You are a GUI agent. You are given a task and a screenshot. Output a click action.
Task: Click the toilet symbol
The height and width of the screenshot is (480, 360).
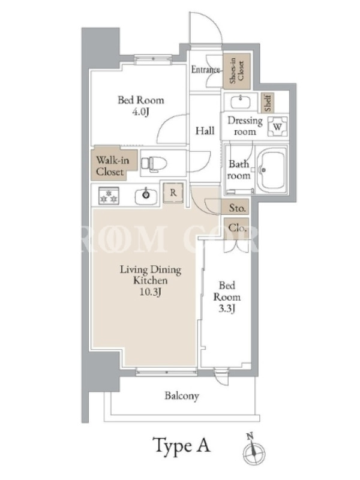(154, 164)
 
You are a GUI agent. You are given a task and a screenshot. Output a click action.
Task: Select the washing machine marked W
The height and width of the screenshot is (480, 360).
(277, 127)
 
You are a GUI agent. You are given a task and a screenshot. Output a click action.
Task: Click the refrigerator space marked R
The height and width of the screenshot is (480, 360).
(173, 193)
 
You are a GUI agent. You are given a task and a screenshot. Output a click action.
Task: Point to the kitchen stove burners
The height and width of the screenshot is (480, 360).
(109, 196)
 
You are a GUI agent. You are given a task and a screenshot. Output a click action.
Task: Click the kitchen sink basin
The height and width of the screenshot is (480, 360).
(146, 196)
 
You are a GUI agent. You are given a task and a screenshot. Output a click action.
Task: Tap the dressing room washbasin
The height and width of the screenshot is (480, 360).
(241, 102)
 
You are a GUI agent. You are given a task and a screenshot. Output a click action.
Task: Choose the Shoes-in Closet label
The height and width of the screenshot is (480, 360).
(236, 71)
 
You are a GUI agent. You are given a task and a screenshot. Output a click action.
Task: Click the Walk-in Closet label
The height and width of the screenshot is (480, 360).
(112, 166)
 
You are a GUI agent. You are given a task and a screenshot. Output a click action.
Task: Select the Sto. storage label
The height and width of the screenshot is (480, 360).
(237, 208)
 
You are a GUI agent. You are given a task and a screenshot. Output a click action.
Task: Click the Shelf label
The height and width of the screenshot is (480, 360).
(267, 103)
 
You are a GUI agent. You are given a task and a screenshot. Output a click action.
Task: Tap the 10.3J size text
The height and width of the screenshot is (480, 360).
(151, 292)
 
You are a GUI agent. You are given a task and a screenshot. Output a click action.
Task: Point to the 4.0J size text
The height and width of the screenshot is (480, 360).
(140, 112)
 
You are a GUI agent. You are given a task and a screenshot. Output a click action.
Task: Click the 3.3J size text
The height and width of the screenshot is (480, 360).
(227, 308)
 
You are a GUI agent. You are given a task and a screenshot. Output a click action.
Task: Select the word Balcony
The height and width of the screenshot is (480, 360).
(182, 396)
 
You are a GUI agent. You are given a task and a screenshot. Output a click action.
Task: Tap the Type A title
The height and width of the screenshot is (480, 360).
(182, 445)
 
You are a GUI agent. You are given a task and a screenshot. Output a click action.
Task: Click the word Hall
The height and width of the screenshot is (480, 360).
(205, 131)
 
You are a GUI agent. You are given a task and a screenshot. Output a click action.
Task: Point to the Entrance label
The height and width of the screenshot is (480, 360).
(206, 70)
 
